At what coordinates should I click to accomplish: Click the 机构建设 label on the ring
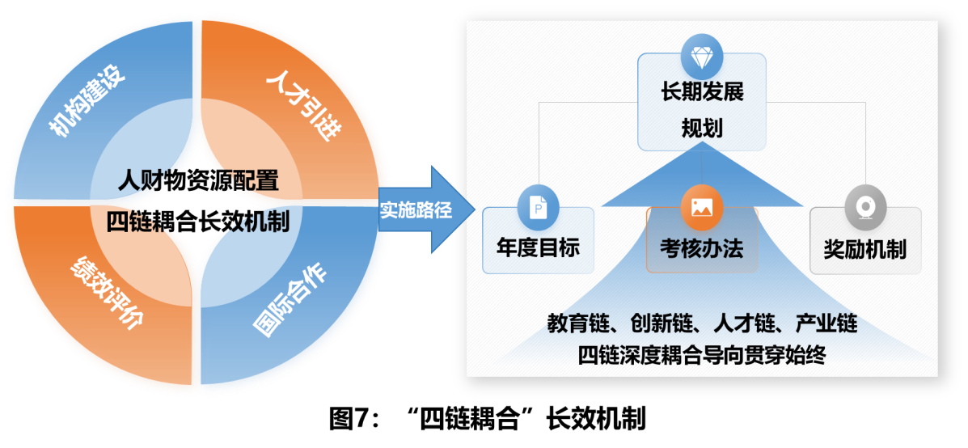87,104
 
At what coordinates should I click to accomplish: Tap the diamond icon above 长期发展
701,57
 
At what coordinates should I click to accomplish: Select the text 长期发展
701,91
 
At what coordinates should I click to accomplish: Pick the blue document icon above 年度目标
538,208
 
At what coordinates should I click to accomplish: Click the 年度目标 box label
538,248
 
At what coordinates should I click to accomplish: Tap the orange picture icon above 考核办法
701,208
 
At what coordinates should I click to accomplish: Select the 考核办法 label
701,249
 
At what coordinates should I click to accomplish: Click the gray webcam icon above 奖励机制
865,208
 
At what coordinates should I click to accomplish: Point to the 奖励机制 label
865,249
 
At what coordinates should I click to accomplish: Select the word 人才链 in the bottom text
742,323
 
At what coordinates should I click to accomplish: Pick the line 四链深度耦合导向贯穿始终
701,355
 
